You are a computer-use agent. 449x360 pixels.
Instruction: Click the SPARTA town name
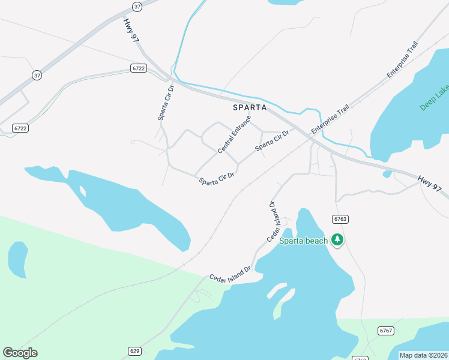pos(250,107)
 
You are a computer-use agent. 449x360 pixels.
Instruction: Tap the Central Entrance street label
pos(234,134)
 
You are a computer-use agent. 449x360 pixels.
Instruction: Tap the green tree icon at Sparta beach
pos(337,240)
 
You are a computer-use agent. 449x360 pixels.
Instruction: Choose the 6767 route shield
pos(385,331)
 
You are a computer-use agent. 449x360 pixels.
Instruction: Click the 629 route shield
pos(134,350)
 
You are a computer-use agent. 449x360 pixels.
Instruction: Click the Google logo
pos(20,353)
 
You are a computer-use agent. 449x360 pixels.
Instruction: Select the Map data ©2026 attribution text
pos(423,355)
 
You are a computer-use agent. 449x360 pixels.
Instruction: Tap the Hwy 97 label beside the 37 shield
pos(130,30)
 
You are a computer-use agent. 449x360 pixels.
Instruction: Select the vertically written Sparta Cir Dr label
pos(166,102)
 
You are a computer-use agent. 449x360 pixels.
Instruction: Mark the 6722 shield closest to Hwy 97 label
pos(139,69)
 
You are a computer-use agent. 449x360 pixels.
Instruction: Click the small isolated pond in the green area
pos(17,259)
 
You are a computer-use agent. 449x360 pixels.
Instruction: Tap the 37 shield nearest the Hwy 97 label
pos(137,7)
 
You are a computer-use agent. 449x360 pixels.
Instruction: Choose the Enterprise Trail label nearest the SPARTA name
pos(330,121)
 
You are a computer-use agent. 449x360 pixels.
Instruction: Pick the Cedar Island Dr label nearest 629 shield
pos(229,274)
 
